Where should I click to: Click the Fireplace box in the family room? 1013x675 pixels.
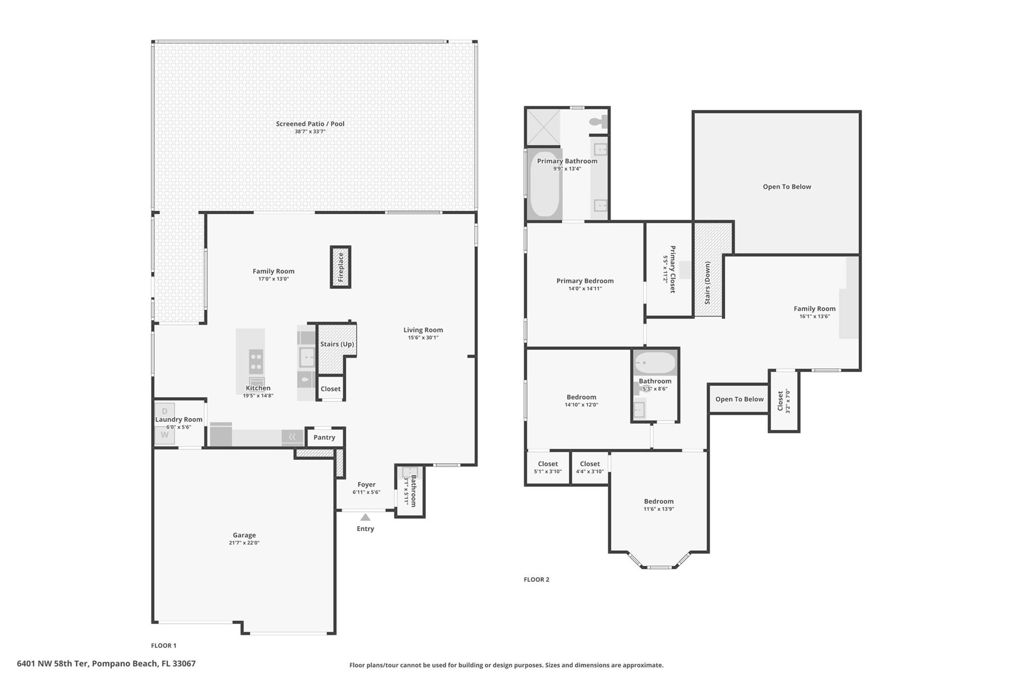tap(340, 267)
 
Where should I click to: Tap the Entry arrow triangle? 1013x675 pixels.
tap(365, 517)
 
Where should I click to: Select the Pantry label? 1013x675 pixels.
tap(324, 437)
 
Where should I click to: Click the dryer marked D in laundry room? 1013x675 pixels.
tap(165, 411)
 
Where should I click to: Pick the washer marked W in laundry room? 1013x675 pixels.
tap(165, 435)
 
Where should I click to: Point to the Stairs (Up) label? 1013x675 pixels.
tap(337, 344)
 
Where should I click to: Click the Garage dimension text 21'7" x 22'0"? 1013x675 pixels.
tap(244, 542)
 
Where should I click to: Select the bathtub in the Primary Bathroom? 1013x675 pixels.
tap(545, 184)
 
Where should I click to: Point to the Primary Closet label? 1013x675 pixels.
tap(672, 270)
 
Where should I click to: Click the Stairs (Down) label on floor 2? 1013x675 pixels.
tap(707, 283)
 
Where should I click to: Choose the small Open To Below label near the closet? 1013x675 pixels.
tap(739, 399)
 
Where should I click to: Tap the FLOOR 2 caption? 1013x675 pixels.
tap(537, 580)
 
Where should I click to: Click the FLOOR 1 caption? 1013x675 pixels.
tap(164, 645)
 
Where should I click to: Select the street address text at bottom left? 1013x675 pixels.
tap(106, 664)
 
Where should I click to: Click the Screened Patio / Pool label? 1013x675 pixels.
tap(310, 124)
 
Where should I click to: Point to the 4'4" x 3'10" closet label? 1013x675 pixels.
tap(590, 471)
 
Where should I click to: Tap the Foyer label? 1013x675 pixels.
tap(367, 485)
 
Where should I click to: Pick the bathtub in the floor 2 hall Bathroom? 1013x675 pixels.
tap(655, 363)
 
